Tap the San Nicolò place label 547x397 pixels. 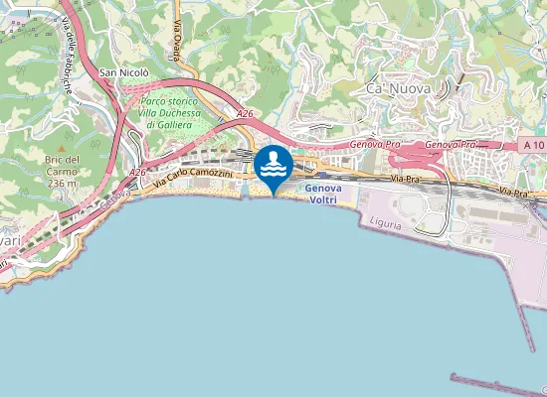(x=124, y=72)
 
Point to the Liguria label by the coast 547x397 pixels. (x=384, y=224)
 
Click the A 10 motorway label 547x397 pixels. (x=534, y=145)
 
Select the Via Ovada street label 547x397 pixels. (x=179, y=40)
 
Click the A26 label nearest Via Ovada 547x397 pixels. (x=244, y=116)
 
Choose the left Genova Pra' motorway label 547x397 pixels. (x=377, y=144)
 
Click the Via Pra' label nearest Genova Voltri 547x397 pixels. (x=403, y=179)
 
